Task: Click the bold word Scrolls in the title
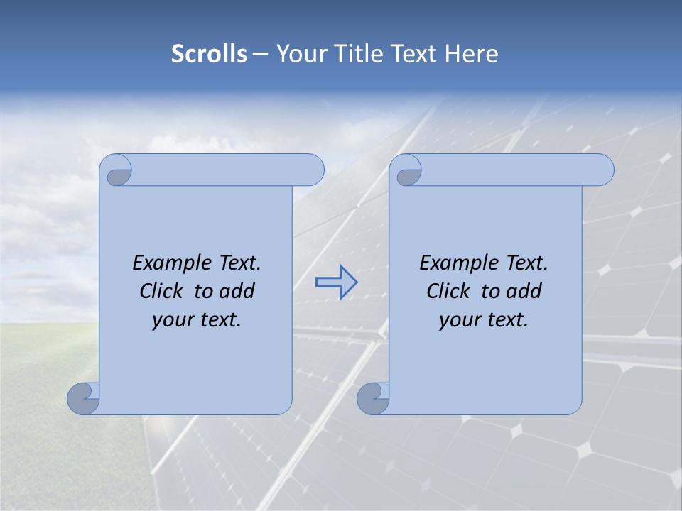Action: [209, 54]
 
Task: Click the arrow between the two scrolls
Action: [336, 282]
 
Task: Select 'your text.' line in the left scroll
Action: [197, 320]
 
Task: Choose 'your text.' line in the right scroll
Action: [484, 320]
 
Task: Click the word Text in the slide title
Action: [412, 54]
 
